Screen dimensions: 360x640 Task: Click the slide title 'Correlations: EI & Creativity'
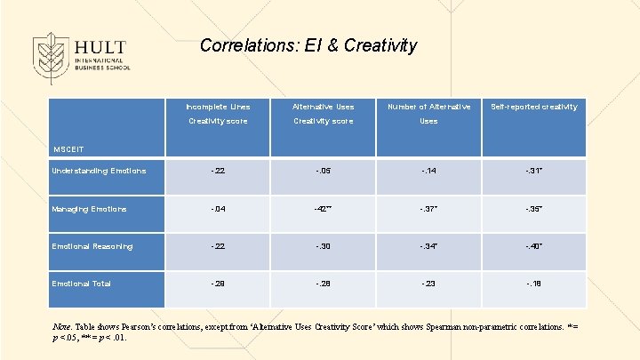[308, 45]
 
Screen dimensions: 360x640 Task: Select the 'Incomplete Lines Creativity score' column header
[217, 114]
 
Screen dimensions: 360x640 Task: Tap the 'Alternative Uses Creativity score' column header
[323, 114]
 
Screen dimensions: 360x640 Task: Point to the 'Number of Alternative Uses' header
[428, 114]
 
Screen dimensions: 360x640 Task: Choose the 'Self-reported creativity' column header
[533, 107]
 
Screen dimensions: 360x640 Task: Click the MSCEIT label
[68, 148]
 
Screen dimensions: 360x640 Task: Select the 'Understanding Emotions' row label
[99, 171]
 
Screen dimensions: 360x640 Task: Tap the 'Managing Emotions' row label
[89, 209]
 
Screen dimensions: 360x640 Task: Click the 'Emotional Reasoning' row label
[92, 246]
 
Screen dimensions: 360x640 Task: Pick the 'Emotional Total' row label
[82, 284]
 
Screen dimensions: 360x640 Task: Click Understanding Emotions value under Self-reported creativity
[533, 171]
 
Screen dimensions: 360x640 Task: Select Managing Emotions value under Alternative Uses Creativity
[323, 209]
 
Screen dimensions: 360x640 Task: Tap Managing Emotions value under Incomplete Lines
[217, 209]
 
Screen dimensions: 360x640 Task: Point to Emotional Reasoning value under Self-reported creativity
[533, 246]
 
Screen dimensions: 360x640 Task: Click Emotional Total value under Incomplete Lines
[217, 284]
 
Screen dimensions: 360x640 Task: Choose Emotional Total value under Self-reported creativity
[533, 284]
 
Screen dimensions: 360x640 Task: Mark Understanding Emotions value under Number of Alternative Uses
[428, 171]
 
